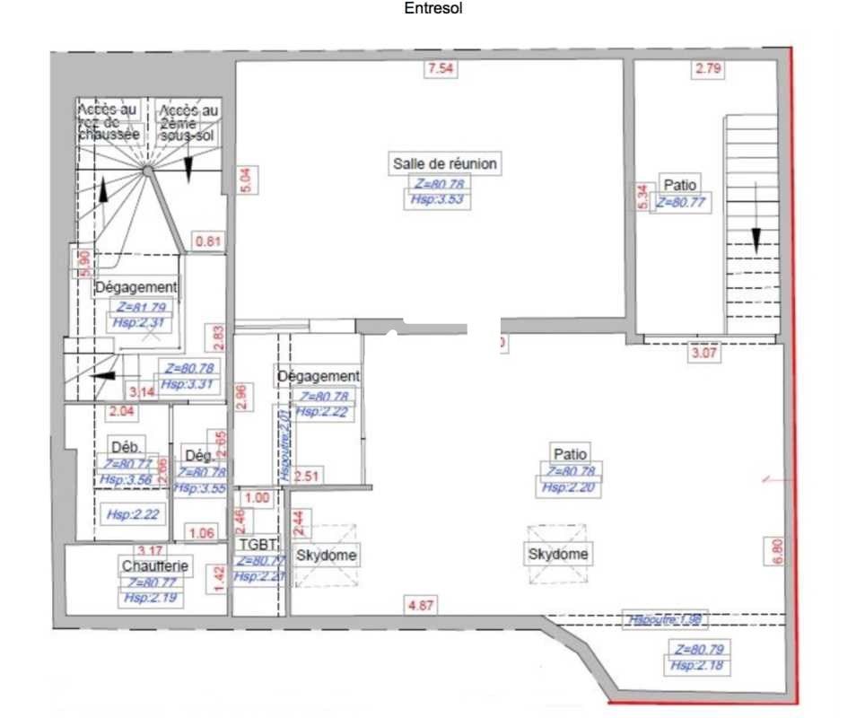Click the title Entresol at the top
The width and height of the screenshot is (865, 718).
(433, 10)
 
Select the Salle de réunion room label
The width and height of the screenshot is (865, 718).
(445, 164)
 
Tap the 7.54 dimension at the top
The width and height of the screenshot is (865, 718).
(441, 69)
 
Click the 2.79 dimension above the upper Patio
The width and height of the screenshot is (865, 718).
(708, 68)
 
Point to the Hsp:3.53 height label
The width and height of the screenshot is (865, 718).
(437, 199)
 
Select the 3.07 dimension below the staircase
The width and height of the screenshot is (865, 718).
(703, 354)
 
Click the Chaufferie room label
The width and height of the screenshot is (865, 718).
(154, 565)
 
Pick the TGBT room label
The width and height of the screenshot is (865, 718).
(259, 544)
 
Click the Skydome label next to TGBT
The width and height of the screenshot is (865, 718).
(327, 556)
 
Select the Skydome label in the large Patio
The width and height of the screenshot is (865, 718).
(558, 554)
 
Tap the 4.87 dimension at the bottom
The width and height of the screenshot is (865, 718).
(421, 606)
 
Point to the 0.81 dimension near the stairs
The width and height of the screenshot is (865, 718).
(209, 241)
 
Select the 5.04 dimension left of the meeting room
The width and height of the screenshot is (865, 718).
(245, 180)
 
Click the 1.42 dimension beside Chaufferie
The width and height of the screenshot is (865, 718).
(217, 575)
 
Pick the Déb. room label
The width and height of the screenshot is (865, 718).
(123, 446)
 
